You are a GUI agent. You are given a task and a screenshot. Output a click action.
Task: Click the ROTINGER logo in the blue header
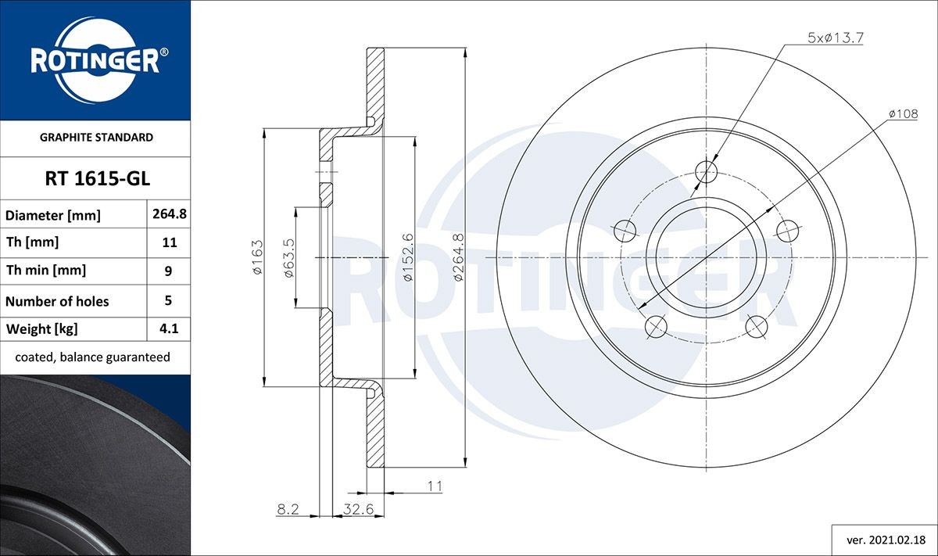point(95,60)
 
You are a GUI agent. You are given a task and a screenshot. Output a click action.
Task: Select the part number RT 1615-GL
point(96,179)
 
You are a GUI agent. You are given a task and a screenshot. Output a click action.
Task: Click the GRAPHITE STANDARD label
point(96,137)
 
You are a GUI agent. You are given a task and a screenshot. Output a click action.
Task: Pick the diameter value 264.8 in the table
point(169,214)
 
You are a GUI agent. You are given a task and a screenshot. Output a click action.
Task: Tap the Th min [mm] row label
point(45,271)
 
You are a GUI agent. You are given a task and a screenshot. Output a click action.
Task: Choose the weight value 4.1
point(169,329)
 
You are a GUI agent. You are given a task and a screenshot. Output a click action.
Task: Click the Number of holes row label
point(57,301)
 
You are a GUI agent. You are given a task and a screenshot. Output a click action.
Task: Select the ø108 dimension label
point(902,114)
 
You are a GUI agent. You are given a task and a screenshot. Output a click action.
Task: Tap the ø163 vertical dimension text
point(256,256)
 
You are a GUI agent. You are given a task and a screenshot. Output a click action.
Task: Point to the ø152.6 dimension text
point(407,256)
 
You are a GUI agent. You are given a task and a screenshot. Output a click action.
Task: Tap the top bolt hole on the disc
point(706,171)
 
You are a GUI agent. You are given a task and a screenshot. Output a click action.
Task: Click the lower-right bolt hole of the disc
point(756,325)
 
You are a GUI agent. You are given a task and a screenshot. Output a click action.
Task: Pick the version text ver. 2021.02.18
point(886,540)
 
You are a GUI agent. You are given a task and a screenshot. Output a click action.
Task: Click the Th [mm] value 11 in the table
point(169,242)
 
